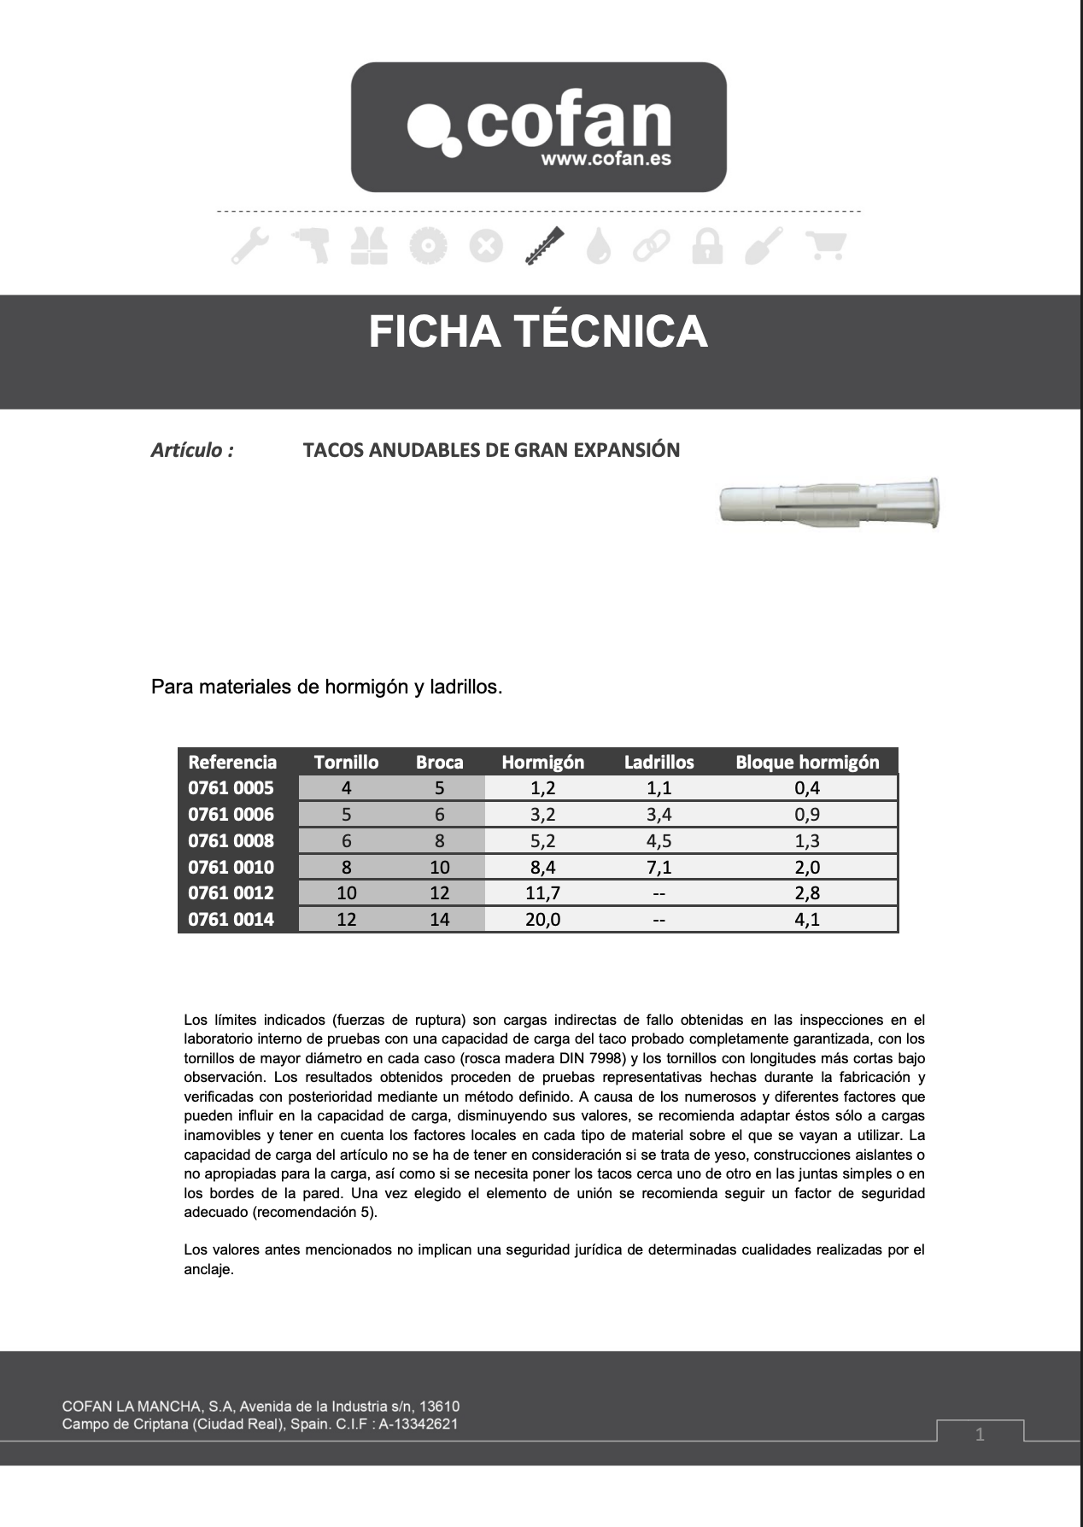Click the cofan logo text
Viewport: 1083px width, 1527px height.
coord(568,124)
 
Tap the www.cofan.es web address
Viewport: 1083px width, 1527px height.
coord(606,159)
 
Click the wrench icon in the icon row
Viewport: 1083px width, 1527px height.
coord(250,246)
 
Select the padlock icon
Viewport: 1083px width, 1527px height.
coord(707,246)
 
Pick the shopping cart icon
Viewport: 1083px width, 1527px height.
coord(826,246)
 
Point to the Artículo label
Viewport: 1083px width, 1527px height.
coord(192,450)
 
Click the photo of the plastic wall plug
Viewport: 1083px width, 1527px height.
coord(829,505)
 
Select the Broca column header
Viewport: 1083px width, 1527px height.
coord(439,762)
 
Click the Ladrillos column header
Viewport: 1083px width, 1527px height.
coord(659,762)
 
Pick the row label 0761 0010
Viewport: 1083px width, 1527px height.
coord(231,868)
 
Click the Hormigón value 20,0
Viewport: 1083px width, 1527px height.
coord(542,920)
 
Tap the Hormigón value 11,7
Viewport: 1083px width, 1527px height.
coord(542,893)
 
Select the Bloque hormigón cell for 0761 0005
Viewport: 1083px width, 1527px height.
coord(806,788)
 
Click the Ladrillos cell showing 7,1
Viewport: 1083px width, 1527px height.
coord(659,868)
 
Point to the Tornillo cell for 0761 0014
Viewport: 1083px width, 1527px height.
coord(346,920)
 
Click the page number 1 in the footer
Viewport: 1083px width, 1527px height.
coord(980,1434)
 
